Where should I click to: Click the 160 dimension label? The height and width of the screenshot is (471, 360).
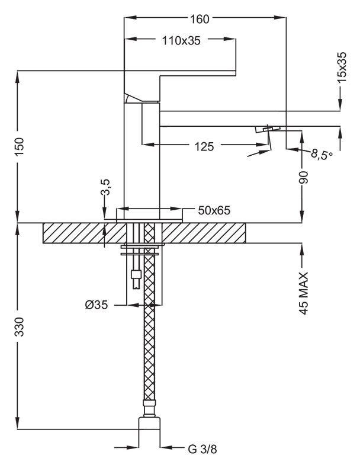point(200,18)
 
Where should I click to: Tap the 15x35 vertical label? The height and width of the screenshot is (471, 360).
point(342,66)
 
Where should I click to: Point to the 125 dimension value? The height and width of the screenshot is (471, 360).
point(203,146)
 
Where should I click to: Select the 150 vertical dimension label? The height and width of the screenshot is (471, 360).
point(19,146)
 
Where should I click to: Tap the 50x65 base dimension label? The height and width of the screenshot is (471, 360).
point(214,210)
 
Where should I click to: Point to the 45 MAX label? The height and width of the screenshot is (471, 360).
point(304,293)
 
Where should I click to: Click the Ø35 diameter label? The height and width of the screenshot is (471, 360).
point(95,305)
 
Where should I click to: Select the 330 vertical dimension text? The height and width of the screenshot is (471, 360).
point(19,326)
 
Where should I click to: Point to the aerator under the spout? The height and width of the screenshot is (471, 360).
point(268,129)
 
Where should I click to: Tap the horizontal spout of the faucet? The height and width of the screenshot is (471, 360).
point(249,118)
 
